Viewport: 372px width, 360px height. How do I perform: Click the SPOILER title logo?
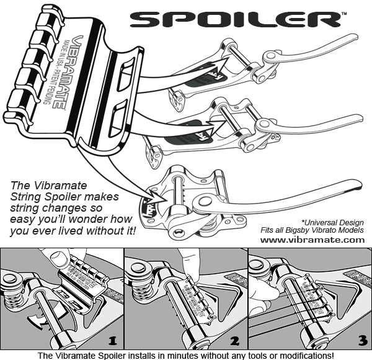(238, 19)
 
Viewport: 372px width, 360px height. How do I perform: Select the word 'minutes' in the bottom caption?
(162, 355)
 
